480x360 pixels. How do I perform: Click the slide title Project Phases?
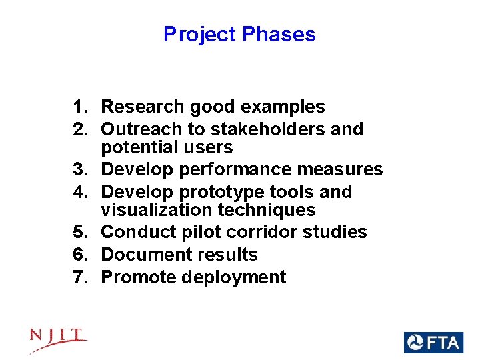[x=239, y=34]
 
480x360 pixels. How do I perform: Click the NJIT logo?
[x=58, y=339]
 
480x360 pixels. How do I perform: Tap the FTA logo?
[x=433, y=343]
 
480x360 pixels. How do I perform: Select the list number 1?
[x=80, y=107]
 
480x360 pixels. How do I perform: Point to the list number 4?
[x=80, y=192]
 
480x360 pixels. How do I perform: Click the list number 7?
[x=80, y=277]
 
